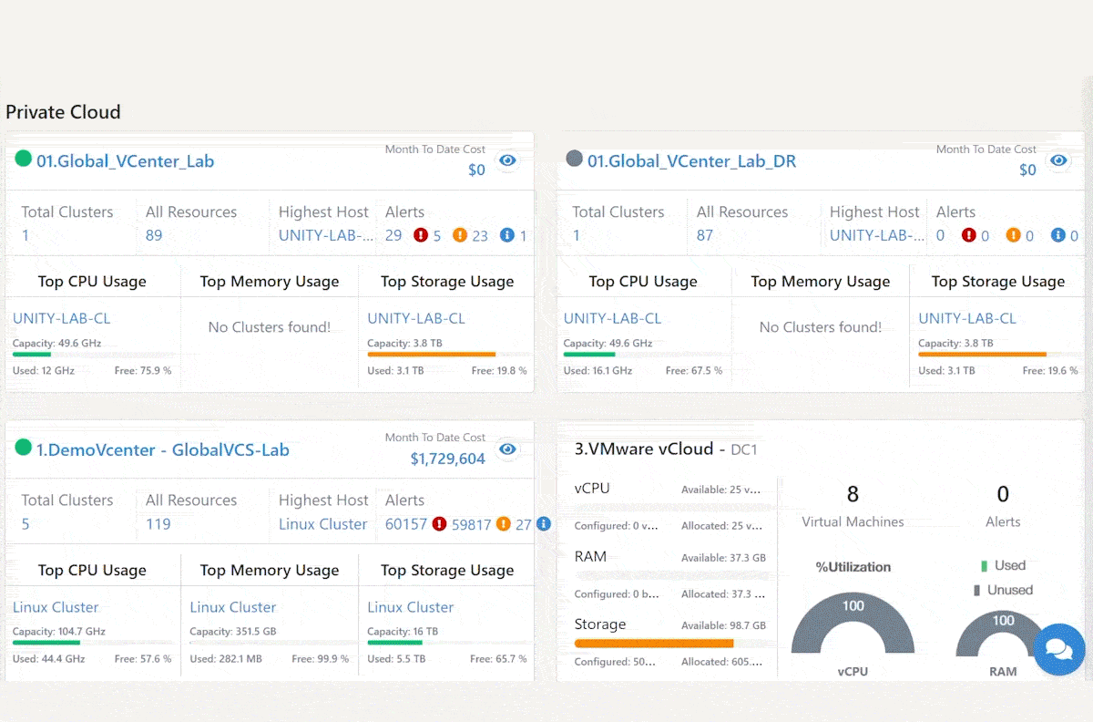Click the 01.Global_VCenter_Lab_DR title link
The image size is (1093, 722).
pos(691,161)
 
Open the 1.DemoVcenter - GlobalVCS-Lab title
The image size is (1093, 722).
pos(162,450)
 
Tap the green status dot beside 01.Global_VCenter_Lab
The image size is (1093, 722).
pos(23,159)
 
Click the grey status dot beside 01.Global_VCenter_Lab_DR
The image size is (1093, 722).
pos(575,159)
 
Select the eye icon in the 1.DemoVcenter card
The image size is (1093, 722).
pos(507,449)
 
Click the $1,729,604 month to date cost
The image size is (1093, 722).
pos(447,459)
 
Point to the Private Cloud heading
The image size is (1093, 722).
pos(63,112)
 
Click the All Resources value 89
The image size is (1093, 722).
pos(154,235)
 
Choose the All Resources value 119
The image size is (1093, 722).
pos(158,524)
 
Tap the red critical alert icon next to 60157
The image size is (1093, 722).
pos(439,524)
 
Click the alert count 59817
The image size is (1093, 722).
pos(471,525)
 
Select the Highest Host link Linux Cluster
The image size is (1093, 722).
pos(322,524)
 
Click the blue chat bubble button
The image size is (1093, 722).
pos(1058,649)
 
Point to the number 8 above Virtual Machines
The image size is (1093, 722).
pos(853,494)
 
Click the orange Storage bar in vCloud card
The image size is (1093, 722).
pos(654,644)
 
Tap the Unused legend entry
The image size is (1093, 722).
pos(1003,590)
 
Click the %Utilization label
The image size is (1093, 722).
pos(853,567)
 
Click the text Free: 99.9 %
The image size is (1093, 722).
pos(320,659)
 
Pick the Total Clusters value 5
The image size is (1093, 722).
pos(26,524)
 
